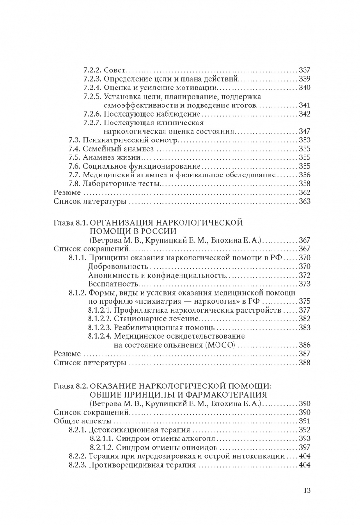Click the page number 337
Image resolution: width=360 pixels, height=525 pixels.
304,70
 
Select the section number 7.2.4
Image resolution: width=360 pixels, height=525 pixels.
92,87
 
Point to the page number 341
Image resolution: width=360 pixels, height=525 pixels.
304,105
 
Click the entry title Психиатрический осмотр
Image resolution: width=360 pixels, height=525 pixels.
128,140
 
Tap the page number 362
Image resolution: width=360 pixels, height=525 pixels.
304,192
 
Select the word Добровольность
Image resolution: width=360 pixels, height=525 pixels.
118,266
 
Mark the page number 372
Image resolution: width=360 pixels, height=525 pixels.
304,275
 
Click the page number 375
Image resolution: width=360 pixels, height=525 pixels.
304,301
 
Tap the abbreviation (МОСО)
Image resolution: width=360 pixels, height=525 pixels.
217,345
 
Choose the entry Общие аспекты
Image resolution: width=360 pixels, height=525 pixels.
78,420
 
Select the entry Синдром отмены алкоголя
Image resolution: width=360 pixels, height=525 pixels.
157,438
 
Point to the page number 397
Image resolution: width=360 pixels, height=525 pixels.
304,447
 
